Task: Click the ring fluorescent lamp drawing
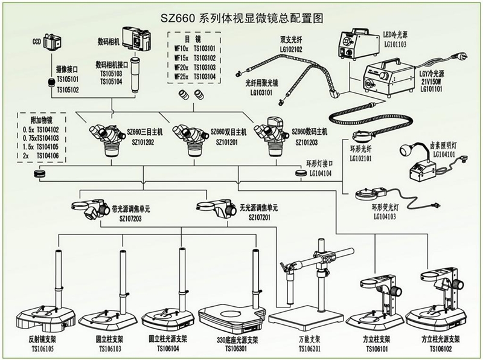tap(366, 194)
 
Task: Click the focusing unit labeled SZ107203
tap(89, 209)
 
